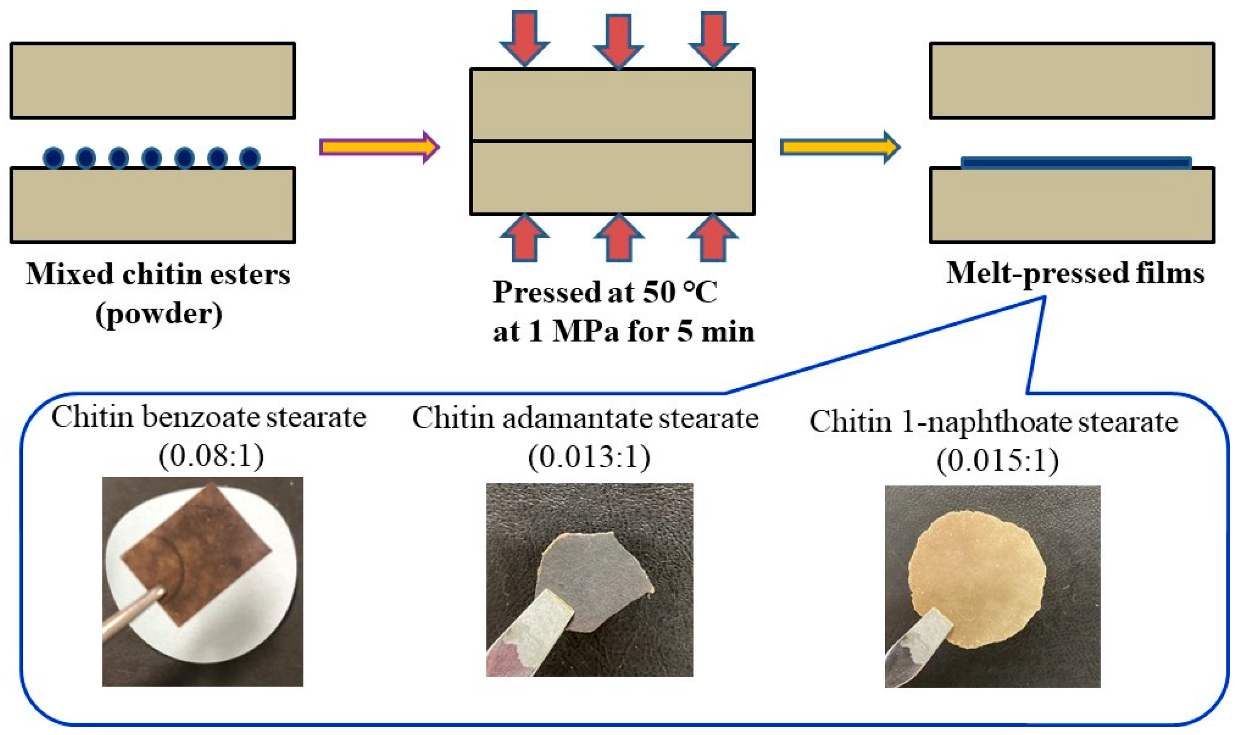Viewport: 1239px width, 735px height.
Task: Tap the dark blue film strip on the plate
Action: click(1075, 163)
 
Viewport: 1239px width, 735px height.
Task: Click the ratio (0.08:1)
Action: click(211, 456)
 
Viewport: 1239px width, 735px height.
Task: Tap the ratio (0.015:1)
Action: click(998, 460)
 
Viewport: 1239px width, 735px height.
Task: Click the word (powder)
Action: click(159, 314)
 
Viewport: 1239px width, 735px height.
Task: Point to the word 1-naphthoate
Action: click(987, 422)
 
